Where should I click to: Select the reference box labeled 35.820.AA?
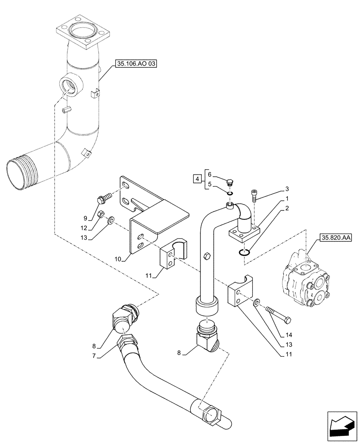334,238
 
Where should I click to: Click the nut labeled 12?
101,214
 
